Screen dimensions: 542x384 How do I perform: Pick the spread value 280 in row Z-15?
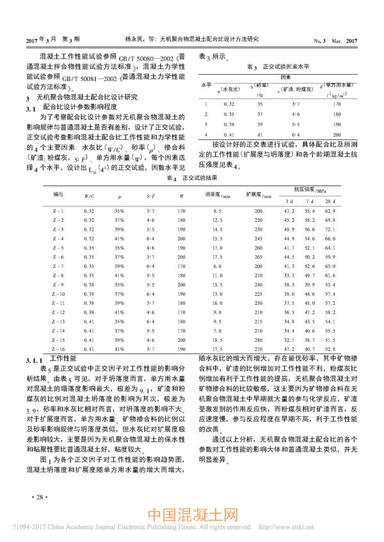click(x=259, y=341)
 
